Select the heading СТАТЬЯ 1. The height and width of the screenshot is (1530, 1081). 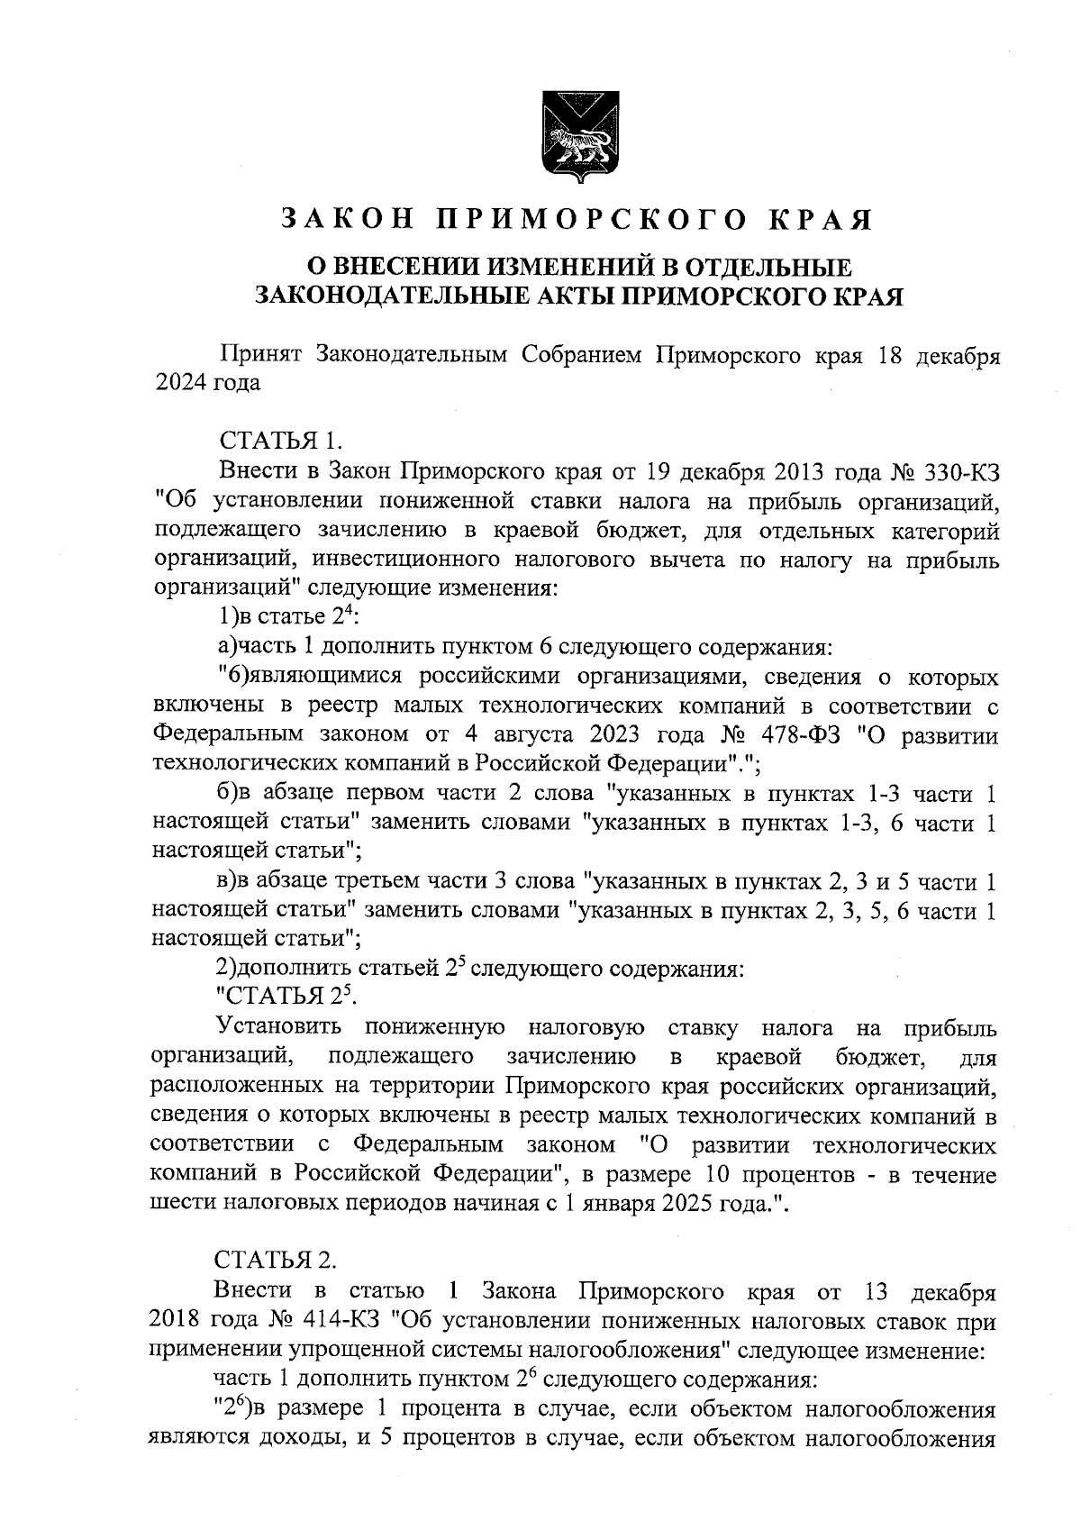tap(279, 442)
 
